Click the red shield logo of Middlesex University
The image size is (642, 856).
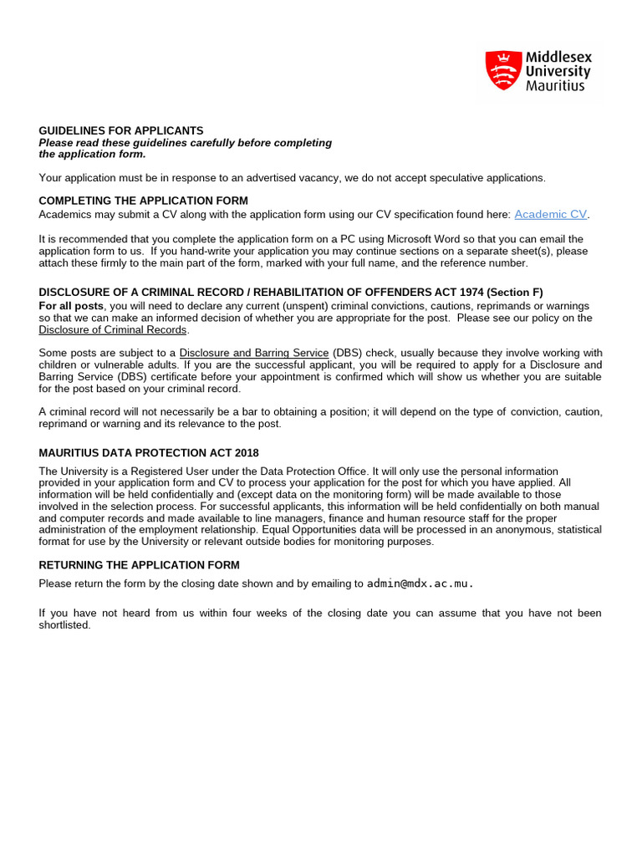(x=502, y=70)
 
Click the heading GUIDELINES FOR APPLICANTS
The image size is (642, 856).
(x=121, y=130)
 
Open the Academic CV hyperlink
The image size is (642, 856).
(x=551, y=215)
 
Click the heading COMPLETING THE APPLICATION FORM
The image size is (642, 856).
(x=144, y=201)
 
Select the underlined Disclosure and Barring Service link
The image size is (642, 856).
(x=254, y=353)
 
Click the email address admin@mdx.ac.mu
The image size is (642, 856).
(x=420, y=583)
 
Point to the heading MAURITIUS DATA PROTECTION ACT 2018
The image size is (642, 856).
(x=149, y=453)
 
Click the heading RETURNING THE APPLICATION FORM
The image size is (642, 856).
(x=140, y=565)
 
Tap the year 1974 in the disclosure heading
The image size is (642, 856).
(x=457, y=292)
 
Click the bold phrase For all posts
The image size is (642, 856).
(x=71, y=306)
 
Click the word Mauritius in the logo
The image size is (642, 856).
(x=555, y=85)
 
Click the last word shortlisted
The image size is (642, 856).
(x=64, y=624)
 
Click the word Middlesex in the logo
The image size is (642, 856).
(x=558, y=57)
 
